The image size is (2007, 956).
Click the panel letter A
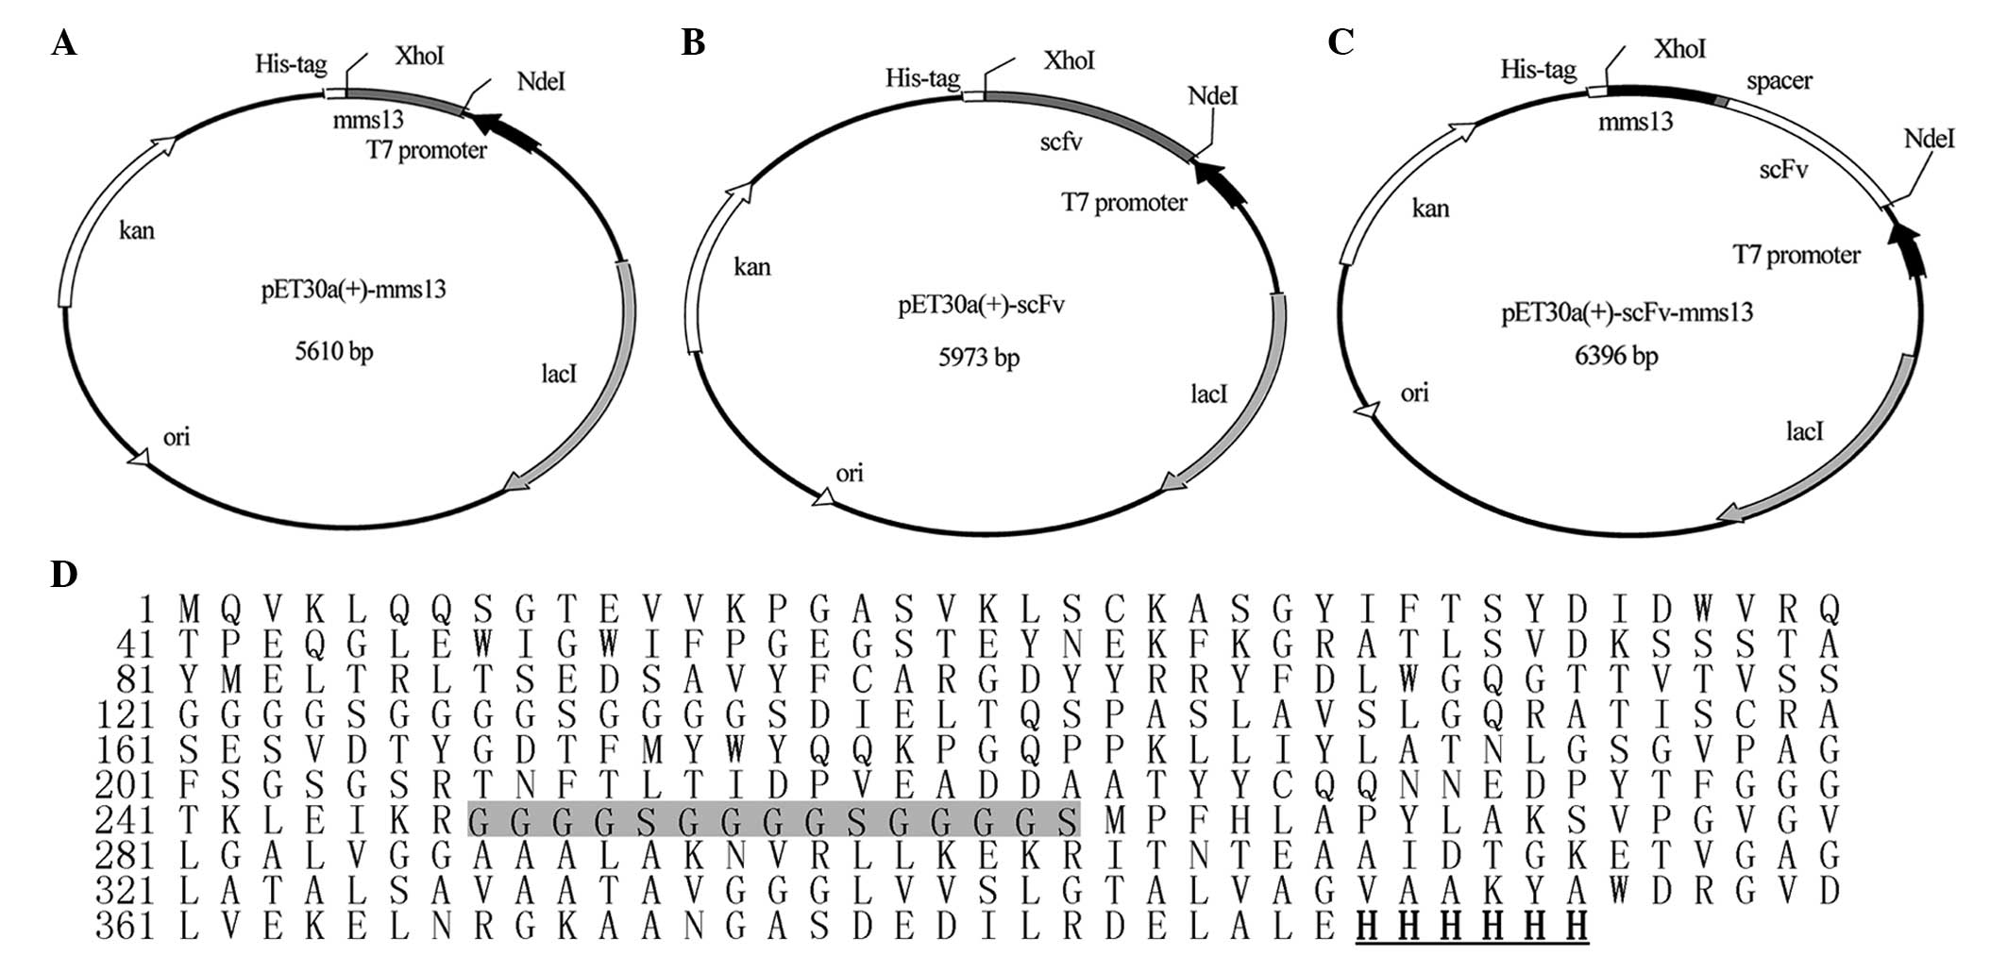point(64,43)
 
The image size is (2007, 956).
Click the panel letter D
point(64,574)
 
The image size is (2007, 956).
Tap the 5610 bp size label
point(334,352)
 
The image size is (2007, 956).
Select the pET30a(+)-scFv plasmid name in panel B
point(981,306)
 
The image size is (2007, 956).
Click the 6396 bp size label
point(1616,356)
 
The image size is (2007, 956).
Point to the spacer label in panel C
point(1779,81)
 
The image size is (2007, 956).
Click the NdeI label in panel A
point(541,82)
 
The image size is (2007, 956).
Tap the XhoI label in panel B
point(1069,60)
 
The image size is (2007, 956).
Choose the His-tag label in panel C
point(1538,70)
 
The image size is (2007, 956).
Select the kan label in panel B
point(751,267)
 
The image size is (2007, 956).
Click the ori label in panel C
point(1414,393)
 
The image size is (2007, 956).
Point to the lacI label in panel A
point(559,375)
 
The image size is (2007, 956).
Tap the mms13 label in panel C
point(1635,122)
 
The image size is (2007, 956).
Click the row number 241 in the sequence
point(125,820)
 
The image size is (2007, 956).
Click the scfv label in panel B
point(1060,143)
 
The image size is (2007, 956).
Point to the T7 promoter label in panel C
point(1796,255)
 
